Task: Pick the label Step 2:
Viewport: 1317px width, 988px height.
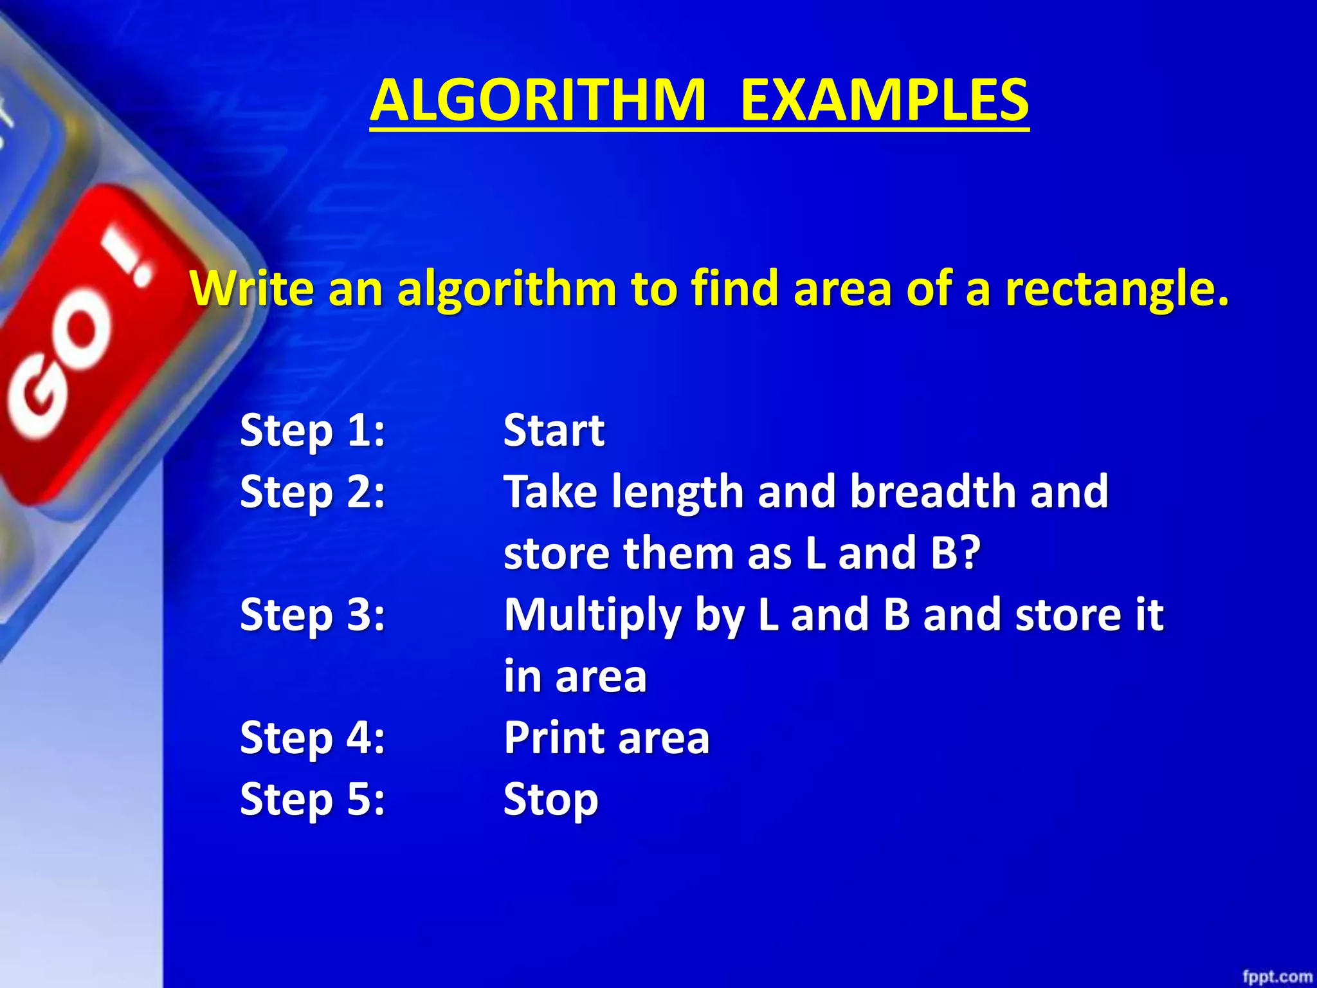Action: (x=313, y=491)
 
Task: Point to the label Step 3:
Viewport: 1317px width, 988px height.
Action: (x=313, y=614)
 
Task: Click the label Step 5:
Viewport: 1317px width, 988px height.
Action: (x=313, y=799)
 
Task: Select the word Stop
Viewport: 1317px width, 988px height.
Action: (x=550, y=800)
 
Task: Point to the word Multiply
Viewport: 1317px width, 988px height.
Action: (x=592, y=615)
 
